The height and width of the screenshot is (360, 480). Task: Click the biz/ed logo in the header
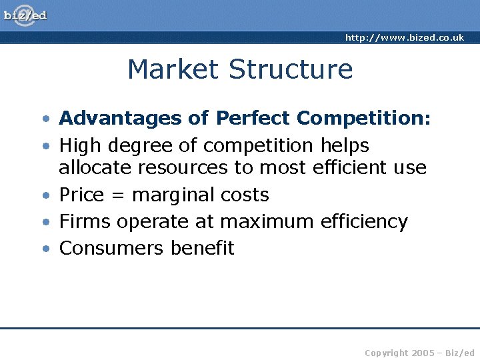(x=25, y=15)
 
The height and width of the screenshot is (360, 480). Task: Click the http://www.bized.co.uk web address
(x=404, y=38)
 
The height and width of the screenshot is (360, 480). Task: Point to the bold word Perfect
(x=253, y=119)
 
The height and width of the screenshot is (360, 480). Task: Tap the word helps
(x=345, y=145)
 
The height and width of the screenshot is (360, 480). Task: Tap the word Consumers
(x=111, y=248)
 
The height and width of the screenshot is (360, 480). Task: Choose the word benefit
(x=203, y=248)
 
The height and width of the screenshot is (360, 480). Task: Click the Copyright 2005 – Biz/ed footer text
(x=420, y=353)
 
